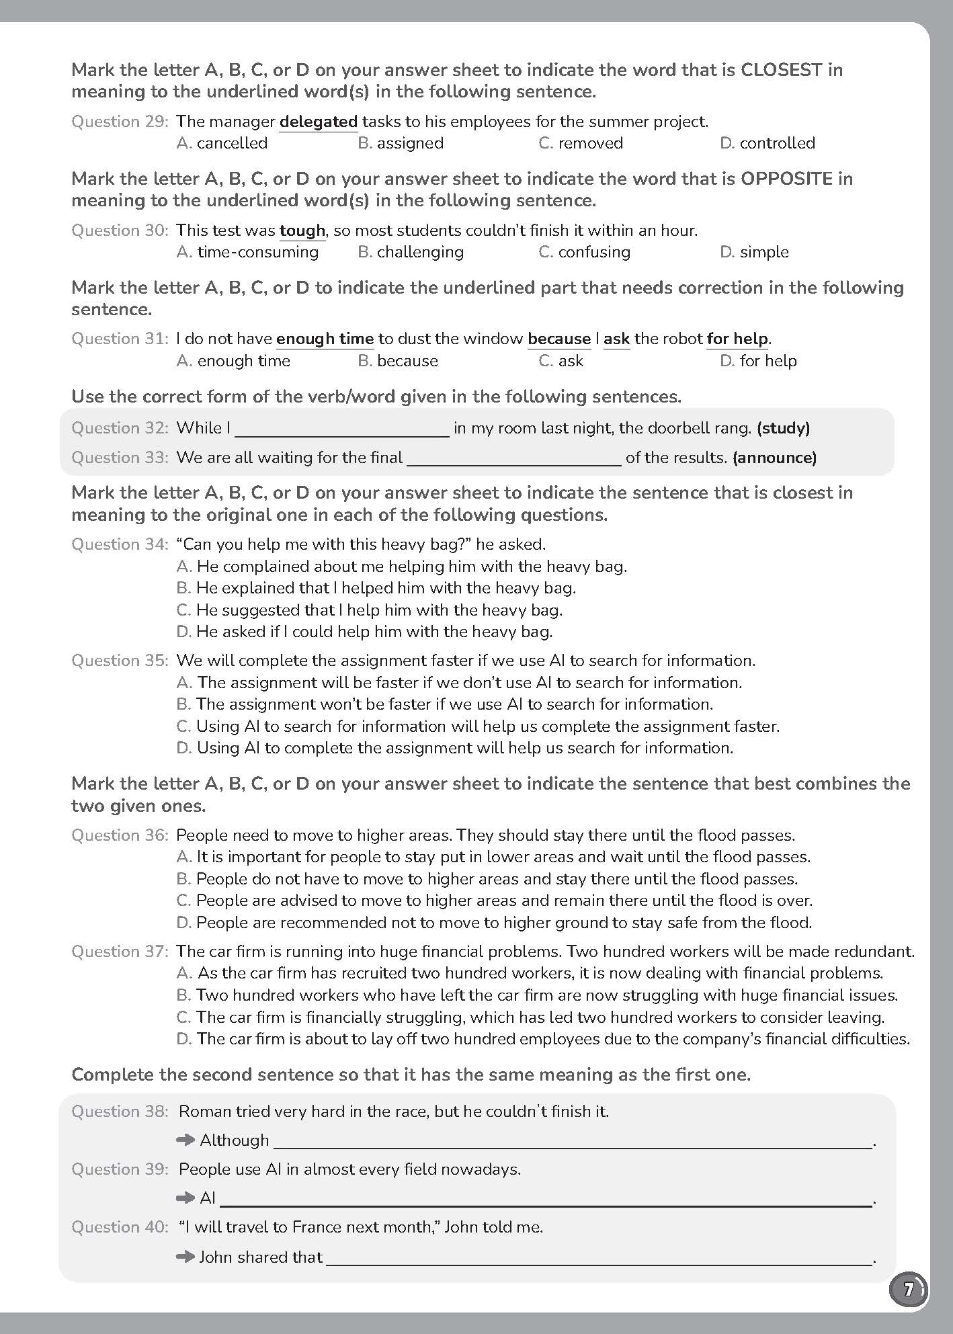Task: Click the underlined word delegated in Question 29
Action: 318,122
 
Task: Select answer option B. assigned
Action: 401,143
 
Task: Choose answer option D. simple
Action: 754,252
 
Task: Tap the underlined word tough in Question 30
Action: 302,231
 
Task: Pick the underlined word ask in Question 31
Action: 616,339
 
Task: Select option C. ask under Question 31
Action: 561,361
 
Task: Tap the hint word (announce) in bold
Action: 774,458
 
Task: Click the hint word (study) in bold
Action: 783,428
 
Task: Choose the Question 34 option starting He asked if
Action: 364,632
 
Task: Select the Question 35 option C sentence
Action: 478,726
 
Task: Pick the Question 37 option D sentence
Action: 543,1039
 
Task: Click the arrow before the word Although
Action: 185,1140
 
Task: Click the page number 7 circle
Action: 908,1290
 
